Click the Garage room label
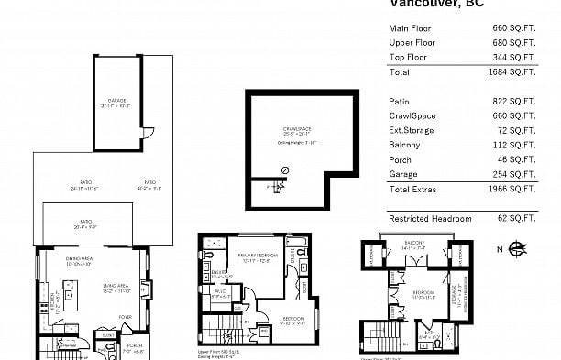click(117, 102)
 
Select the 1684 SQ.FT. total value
click(513, 71)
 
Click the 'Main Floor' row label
click(410, 28)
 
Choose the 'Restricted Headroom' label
click(430, 219)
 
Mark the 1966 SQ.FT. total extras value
click(513, 190)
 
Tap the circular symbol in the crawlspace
click(285, 170)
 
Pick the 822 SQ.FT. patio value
click(515, 102)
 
